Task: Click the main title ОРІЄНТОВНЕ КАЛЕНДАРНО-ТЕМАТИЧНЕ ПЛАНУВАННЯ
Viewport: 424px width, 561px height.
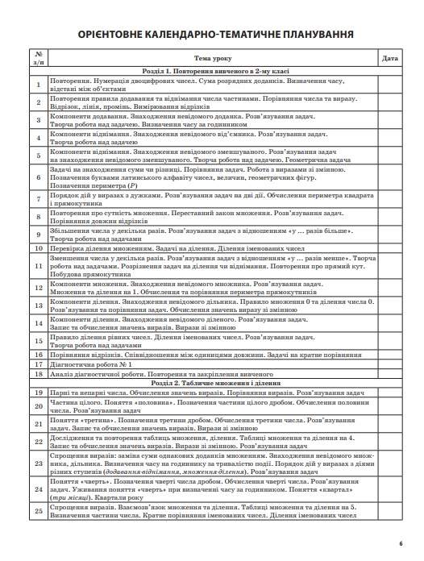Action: pyautogui.click(x=212, y=35)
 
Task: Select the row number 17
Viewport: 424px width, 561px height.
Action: pyautogui.click(x=38, y=342)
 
